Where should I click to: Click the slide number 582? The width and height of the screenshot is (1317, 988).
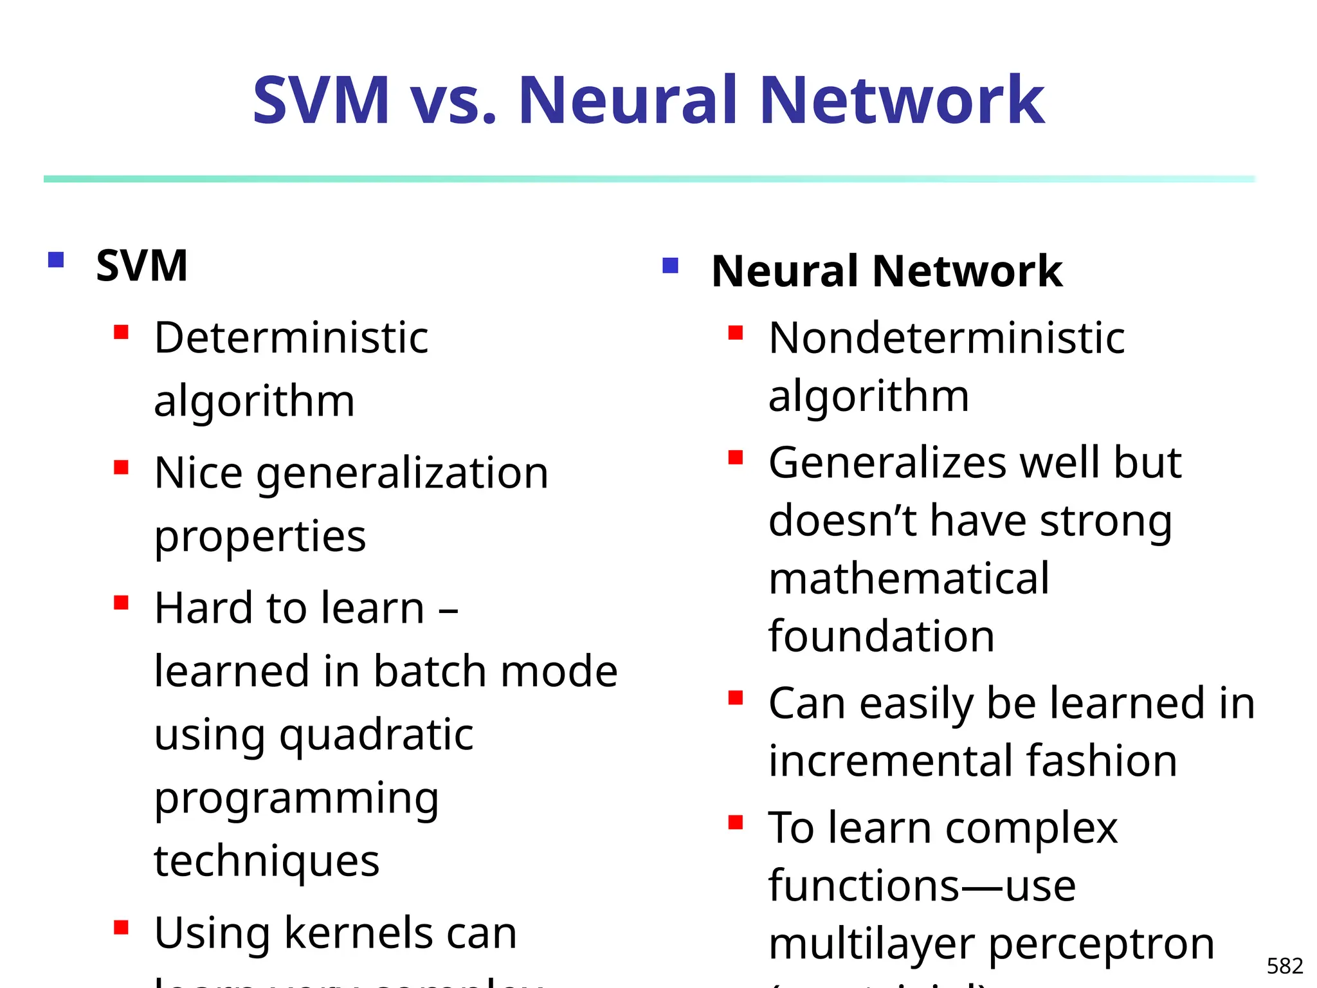coord(1284,965)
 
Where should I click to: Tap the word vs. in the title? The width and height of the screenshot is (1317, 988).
coord(453,102)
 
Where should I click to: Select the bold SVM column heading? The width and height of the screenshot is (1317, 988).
coord(141,266)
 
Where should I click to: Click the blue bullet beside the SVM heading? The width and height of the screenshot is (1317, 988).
coord(56,260)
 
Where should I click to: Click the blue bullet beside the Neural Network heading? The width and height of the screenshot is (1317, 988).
coord(670,266)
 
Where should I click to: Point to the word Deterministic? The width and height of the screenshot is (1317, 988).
coord(291,338)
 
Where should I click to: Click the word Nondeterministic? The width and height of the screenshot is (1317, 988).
coord(947,338)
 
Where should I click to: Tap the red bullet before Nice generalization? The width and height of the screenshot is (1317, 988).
coord(121,466)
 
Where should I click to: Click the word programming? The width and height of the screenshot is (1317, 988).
coord(296,799)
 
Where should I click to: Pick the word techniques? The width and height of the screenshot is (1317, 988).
coord(267,861)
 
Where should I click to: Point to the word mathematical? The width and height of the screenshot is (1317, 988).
coord(909,578)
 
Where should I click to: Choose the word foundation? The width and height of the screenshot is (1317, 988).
coord(882,636)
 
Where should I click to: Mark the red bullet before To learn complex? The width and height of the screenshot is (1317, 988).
coord(736,822)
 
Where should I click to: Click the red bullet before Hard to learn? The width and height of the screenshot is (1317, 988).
coord(121,603)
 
